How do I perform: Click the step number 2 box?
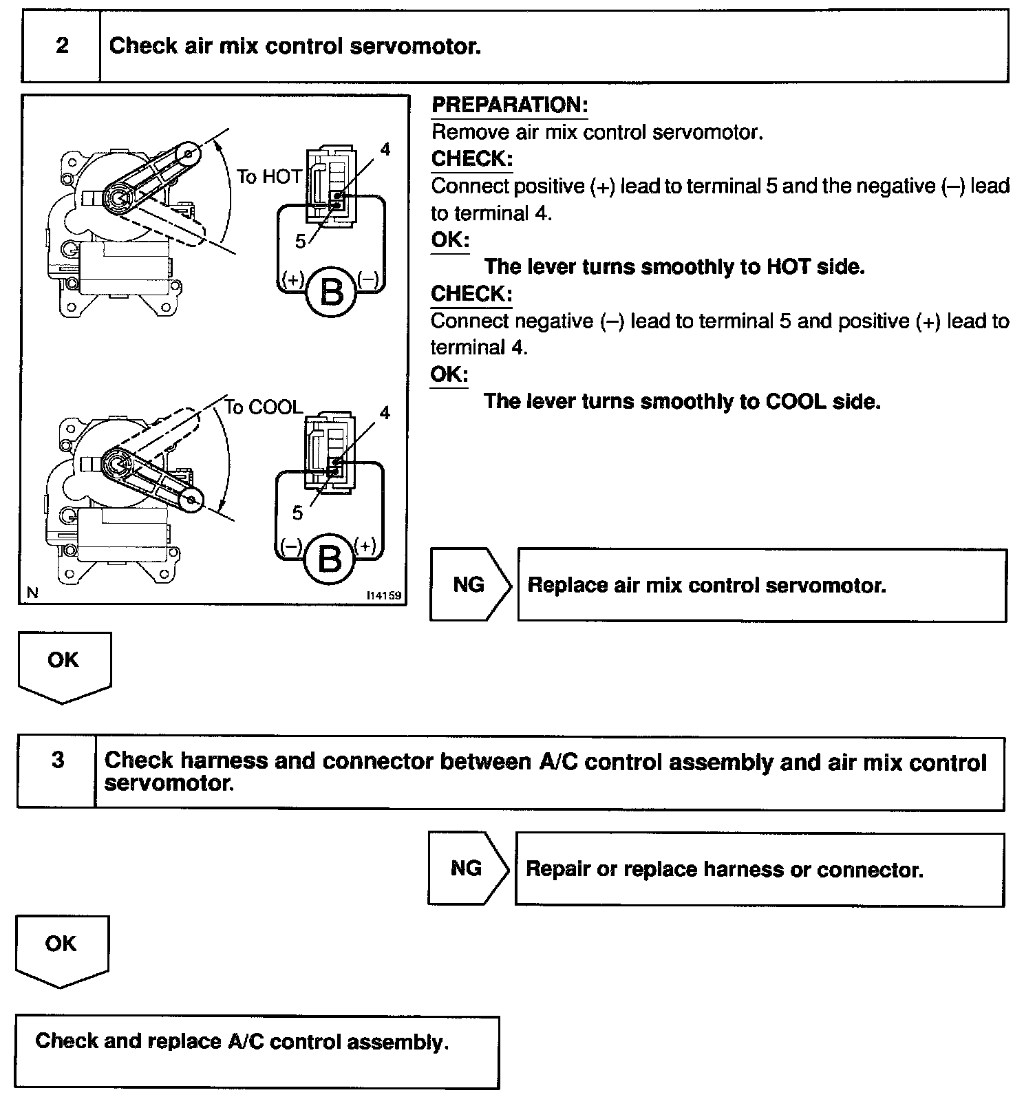(x=62, y=46)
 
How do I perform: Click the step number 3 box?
(x=58, y=760)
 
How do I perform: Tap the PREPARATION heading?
(x=509, y=105)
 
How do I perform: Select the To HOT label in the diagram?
(x=269, y=177)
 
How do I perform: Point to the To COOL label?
(x=264, y=407)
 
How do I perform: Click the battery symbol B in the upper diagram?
(x=331, y=293)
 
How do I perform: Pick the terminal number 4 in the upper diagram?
(x=385, y=149)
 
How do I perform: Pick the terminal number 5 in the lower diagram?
(x=297, y=513)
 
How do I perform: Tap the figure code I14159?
(x=384, y=595)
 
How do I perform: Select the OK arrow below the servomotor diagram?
(x=63, y=661)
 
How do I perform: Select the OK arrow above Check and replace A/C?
(x=61, y=944)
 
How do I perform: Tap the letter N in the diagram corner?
(x=32, y=593)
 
